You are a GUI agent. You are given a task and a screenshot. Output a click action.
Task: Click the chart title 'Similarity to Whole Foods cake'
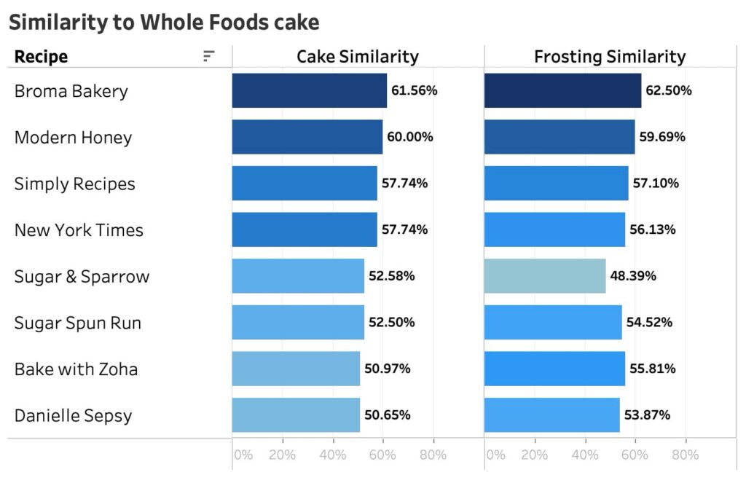[164, 23]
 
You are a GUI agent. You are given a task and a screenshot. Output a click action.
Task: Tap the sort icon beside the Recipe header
[209, 57]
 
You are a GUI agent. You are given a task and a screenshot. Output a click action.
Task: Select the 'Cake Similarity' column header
[357, 57]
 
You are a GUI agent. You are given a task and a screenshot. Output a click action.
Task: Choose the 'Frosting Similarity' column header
[609, 57]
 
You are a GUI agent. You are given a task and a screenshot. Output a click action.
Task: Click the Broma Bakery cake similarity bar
[309, 91]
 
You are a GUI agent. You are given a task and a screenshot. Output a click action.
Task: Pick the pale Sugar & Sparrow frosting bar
[544, 276]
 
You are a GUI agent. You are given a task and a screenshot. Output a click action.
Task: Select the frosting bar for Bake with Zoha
[554, 369]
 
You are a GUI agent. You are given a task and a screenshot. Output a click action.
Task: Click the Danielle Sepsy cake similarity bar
[296, 415]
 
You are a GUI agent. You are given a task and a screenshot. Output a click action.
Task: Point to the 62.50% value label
[669, 91]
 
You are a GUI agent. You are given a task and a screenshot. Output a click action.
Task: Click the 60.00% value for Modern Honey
[409, 137]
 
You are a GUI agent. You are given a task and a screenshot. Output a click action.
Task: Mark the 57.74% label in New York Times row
[404, 229]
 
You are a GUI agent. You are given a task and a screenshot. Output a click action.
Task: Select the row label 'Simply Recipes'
[74, 184]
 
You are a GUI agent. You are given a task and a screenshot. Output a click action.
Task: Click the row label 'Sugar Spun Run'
[77, 323]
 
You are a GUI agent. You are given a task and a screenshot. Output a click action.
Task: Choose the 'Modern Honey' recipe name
[73, 137]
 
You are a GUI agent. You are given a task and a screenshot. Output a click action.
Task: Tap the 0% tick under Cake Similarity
[243, 455]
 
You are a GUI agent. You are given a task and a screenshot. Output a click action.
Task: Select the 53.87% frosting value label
[647, 415]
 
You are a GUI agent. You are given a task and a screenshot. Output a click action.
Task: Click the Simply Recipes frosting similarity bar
[556, 184]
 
